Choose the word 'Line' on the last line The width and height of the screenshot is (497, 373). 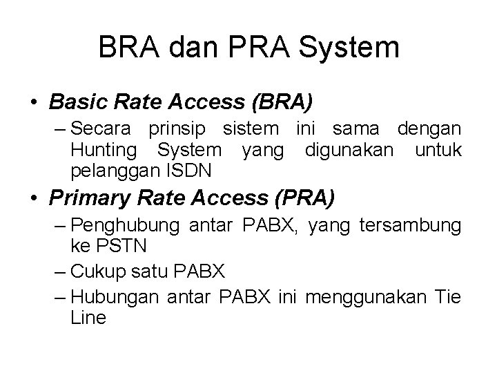pyautogui.click(x=88, y=317)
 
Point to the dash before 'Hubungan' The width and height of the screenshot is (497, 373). pyautogui.click(x=60, y=298)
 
